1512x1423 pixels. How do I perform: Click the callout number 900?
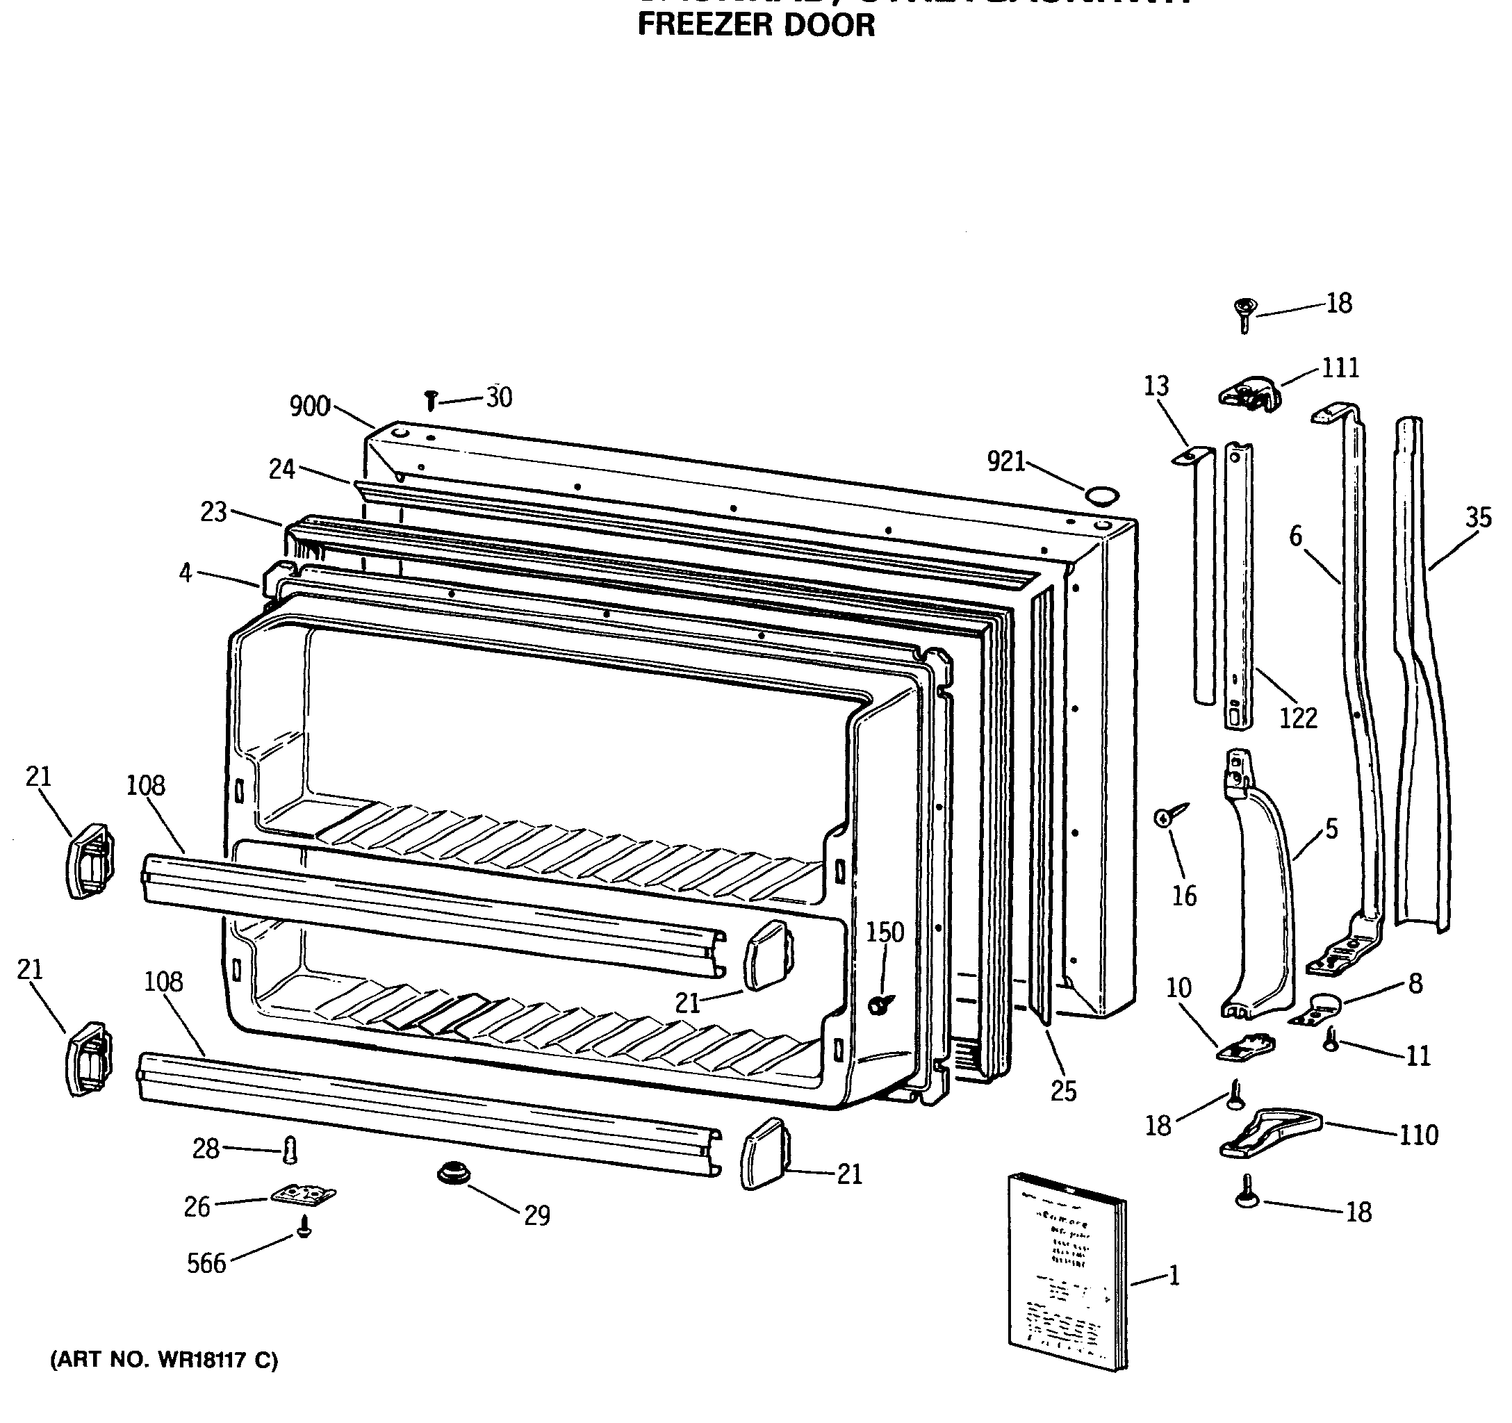(309, 407)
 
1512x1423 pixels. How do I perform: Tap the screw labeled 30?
(431, 400)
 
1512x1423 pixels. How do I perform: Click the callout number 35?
(1478, 518)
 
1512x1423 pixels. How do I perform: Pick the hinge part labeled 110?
(1270, 1133)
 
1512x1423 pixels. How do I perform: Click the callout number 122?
(1297, 718)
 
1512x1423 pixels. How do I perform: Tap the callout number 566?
(206, 1263)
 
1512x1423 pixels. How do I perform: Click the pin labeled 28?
(290, 1150)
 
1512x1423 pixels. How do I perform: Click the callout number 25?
(1063, 1092)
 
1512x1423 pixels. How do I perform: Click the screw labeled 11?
(1331, 1039)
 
